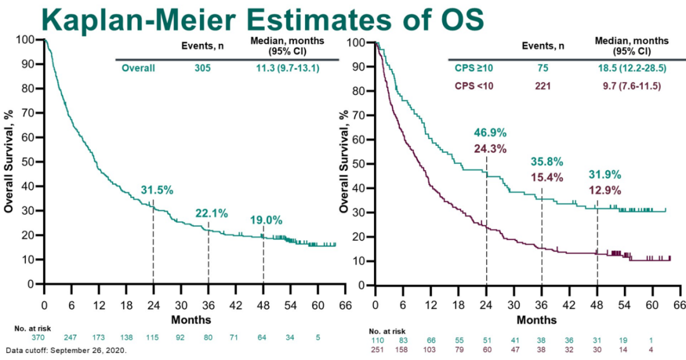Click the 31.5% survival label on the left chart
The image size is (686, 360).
pos(157,190)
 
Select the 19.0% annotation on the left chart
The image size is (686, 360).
pos(266,220)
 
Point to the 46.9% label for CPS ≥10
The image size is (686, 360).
pos(490,133)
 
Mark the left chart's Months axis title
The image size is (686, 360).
pos(191,319)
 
